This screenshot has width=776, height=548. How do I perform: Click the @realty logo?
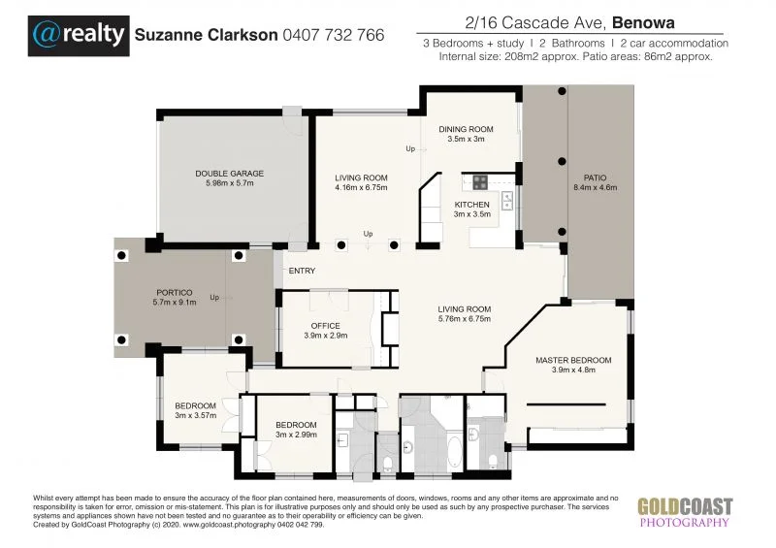(x=79, y=35)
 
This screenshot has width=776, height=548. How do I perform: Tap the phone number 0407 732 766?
(x=333, y=35)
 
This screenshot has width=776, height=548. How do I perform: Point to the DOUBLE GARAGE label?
(x=229, y=174)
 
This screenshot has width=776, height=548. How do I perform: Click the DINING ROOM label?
(x=466, y=129)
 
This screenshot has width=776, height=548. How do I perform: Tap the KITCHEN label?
(x=472, y=205)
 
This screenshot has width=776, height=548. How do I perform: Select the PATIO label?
(x=595, y=177)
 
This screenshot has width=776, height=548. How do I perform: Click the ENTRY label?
(x=302, y=272)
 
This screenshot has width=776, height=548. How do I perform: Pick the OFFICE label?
(x=325, y=325)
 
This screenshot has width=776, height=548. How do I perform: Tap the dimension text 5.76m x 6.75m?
(x=465, y=318)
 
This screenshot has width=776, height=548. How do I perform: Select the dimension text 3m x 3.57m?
(x=193, y=415)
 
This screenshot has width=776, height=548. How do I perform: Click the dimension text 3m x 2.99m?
(x=295, y=435)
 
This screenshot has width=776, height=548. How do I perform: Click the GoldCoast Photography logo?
(x=684, y=511)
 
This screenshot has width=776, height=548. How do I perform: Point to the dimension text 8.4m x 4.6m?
(x=595, y=187)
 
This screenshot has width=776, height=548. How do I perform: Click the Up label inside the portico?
(x=214, y=297)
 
